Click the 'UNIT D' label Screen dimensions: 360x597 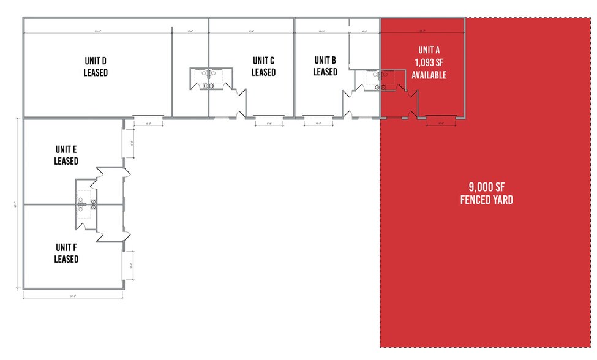tap(96, 61)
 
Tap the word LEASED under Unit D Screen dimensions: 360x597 tap(96, 73)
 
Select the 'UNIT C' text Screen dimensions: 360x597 tap(263, 61)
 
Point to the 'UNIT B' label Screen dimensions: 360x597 tap(325, 60)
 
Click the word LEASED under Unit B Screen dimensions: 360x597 tap(325, 72)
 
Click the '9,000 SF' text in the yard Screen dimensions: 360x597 tap(487, 188)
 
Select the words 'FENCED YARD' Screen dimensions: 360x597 tap(487, 200)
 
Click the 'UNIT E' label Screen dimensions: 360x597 tap(66, 149)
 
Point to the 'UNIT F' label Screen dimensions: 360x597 tap(66, 247)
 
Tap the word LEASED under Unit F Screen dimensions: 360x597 tap(66, 259)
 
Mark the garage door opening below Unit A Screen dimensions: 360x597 tap(441, 117)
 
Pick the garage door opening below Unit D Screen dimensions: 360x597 tap(148, 117)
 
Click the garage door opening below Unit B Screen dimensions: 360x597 tap(318, 117)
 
